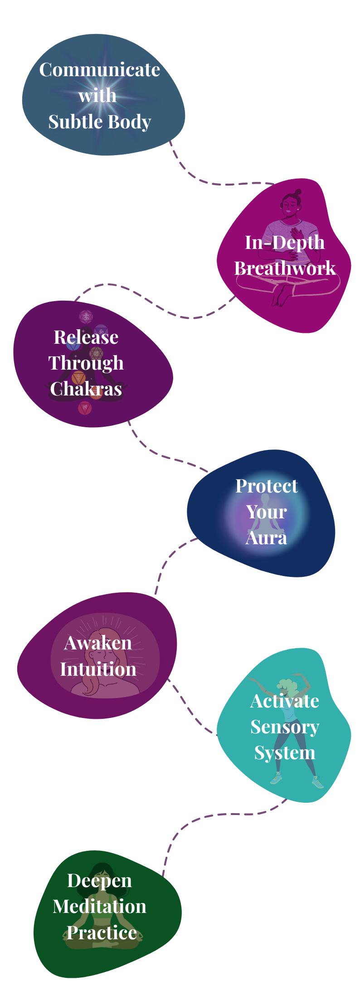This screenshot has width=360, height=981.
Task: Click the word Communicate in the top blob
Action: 99,70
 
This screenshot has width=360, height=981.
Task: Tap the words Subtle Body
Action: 99,122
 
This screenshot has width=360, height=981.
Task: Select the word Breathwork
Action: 285,268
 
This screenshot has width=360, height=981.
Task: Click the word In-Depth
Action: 285,242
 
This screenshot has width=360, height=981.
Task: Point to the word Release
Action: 86,337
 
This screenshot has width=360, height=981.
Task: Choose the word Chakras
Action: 86,389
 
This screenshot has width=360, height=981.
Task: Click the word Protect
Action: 267,486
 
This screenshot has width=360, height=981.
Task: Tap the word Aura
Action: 267,538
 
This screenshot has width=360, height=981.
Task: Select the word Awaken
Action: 98,643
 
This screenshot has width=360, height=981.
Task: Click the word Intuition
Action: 98,669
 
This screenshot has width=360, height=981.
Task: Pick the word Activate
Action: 285,701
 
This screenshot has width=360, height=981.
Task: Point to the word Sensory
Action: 285,727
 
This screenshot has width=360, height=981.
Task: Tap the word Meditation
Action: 99,907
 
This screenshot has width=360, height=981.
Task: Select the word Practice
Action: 102,932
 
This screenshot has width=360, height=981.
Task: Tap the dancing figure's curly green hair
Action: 287,684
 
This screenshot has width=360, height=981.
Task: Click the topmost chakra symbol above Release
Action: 86,316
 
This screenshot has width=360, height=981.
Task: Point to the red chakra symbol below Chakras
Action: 85,408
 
